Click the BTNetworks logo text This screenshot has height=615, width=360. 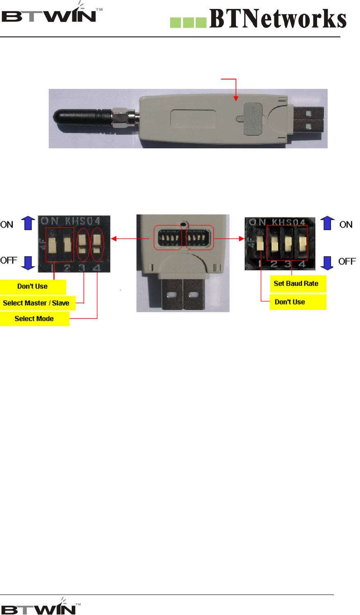click(x=278, y=19)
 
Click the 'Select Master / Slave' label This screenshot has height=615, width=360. click(x=36, y=303)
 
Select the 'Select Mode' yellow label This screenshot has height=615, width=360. click(x=34, y=319)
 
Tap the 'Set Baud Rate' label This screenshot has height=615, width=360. click(x=297, y=284)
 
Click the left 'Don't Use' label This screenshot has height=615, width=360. click(x=33, y=286)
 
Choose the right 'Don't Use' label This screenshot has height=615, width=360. click(x=290, y=302)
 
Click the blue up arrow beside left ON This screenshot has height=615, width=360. click(x=27, y=223)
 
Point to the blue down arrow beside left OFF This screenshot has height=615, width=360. click(x=27, y=262)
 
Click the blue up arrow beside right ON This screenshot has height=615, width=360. click(x=327, y=223)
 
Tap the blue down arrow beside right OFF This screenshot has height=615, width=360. click(x=327, y=262)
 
